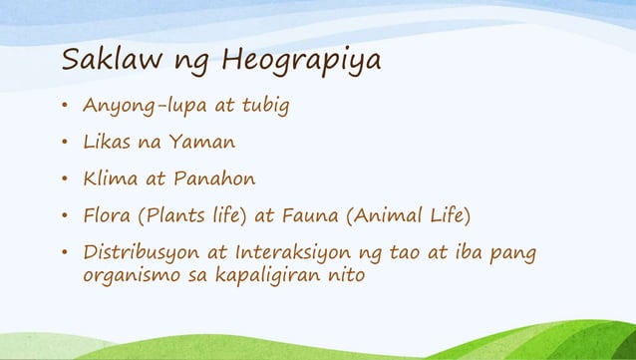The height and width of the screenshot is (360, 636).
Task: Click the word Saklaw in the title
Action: tap(104, 62)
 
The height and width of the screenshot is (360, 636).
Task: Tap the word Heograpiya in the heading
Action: tap(301, 64)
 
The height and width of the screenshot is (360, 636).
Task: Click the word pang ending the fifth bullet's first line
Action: tap(525, 252)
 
